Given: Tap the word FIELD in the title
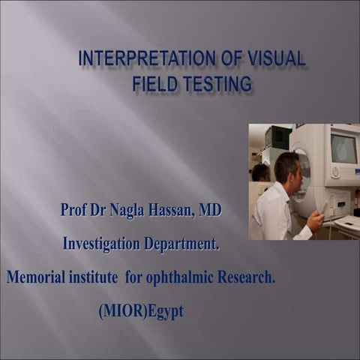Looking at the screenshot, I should point(154,84).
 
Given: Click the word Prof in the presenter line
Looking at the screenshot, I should point(75,211).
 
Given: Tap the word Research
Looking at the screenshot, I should point(248,277).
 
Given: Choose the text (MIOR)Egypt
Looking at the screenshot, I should point(140,311).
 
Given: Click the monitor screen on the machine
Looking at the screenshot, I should point(344,148).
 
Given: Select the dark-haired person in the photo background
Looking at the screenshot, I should point(260,172).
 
